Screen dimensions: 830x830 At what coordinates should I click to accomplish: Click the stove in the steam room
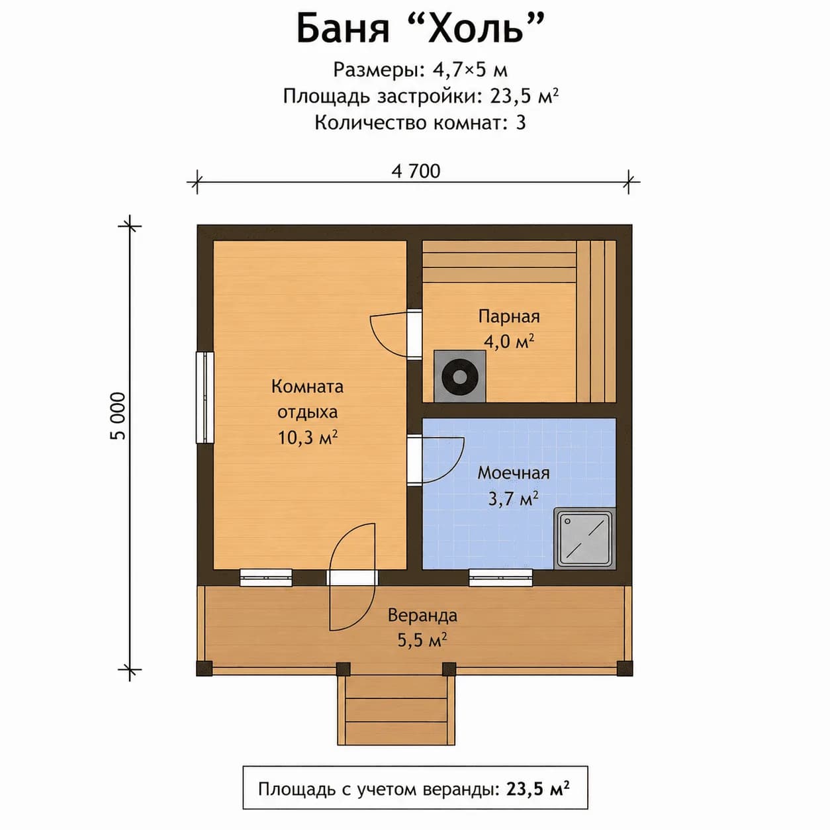point(459,376)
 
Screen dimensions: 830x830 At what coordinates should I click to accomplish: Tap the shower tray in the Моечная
point(585,538)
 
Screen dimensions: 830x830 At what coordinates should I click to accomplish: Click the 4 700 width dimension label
point(416,171)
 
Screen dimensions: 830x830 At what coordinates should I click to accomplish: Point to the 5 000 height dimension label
point(118,416)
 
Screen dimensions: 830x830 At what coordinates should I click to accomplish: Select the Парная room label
point(509,316)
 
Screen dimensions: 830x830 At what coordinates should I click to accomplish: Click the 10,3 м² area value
point(307,438)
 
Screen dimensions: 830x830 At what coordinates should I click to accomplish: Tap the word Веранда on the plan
point(422,615)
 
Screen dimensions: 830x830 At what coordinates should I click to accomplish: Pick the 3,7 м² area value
point(513,498)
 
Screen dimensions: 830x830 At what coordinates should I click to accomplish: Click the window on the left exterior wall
point(205,398)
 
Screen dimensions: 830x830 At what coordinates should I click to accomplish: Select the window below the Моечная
point(500,578)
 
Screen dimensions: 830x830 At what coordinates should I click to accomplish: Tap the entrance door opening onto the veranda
point(352,577)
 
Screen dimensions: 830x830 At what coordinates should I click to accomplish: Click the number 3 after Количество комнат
point(521,122)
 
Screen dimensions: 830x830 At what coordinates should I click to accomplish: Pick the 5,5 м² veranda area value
point(422,641)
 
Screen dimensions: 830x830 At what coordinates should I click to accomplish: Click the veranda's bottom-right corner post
point(625,668)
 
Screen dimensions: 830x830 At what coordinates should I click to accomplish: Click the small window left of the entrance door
point(266,578)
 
